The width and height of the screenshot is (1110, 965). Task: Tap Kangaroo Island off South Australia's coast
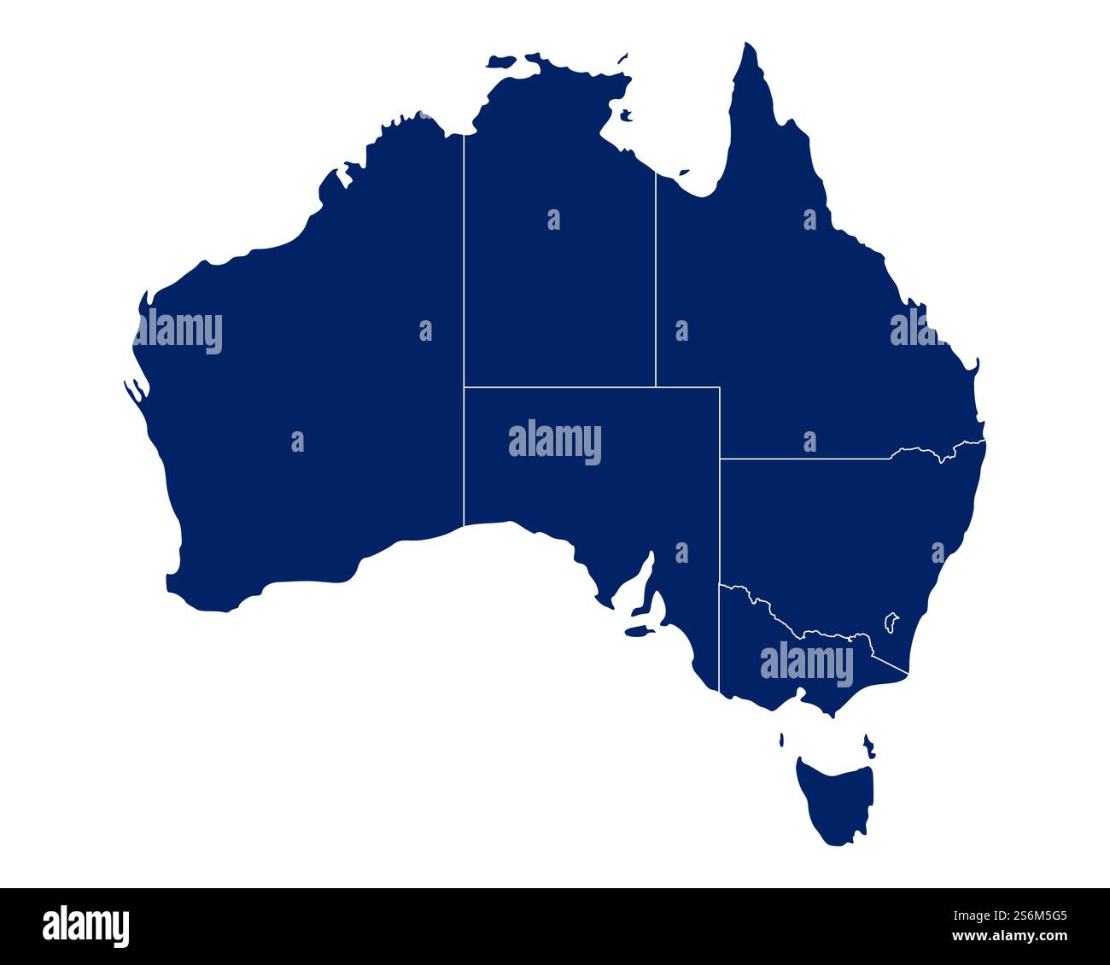637,632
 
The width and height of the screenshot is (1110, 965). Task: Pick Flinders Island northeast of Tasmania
869,745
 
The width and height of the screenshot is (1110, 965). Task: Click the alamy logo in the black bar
85,927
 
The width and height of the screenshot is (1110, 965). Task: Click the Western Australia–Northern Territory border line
464,325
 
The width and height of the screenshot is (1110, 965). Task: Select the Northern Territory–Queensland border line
656,282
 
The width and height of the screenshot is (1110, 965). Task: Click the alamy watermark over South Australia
555,442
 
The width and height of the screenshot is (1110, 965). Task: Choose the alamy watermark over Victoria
806,665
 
